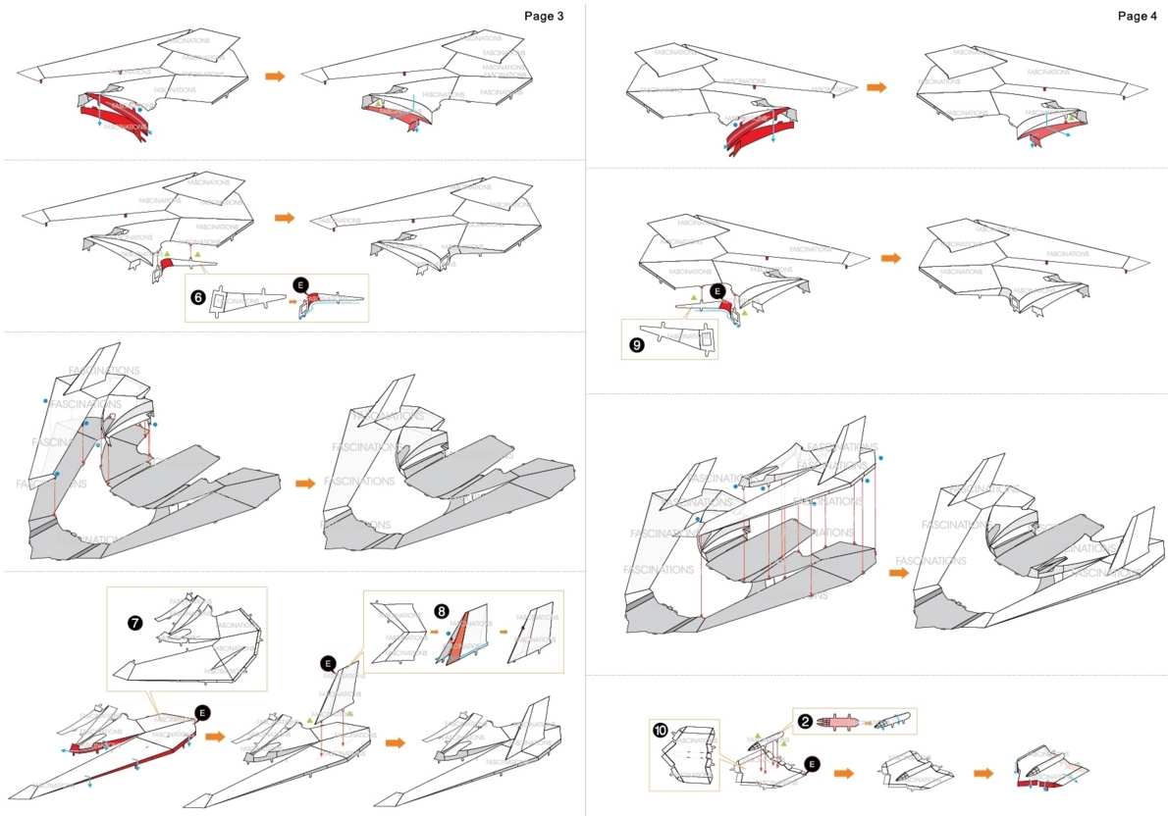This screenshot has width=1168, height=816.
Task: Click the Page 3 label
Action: tap(543, 17)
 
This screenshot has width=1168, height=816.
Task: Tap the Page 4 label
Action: tap(1138, 17)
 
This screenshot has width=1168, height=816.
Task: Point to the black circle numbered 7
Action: tap(133, 623)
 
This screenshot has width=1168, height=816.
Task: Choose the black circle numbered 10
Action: tap(660, 731)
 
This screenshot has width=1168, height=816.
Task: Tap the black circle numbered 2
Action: tap(805, 721)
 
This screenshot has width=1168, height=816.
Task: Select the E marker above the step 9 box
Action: tap(717, 291)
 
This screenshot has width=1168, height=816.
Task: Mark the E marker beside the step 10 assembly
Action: tap(812, 762)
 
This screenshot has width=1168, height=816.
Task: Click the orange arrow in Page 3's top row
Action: tap(275, 76)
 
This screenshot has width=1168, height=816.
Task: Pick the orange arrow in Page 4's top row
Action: tap(876, 87)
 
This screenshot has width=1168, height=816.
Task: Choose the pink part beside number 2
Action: tap(832, 723)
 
